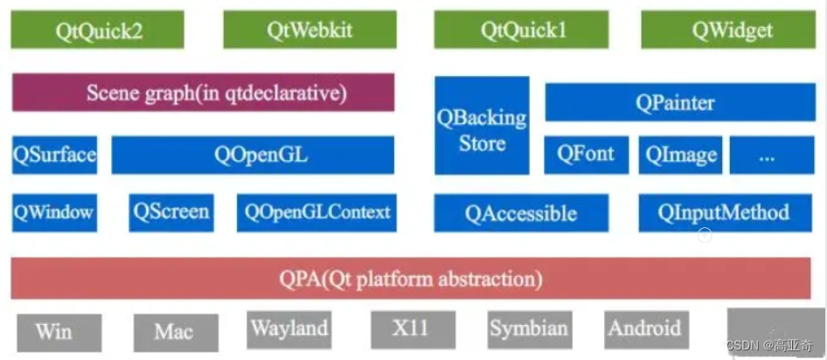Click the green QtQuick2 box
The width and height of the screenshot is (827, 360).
98,30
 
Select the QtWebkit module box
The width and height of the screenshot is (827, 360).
309,30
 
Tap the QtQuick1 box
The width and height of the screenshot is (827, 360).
523,30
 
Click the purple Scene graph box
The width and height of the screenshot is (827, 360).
203,93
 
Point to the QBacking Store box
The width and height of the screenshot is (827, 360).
482,126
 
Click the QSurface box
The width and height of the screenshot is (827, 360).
54,156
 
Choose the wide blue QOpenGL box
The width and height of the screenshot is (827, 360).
253,156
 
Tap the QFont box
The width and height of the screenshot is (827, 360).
585,155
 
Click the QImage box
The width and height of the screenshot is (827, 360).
681,155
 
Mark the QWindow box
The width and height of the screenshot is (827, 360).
54,212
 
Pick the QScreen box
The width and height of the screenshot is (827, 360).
171,212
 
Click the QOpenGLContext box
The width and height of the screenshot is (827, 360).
316,212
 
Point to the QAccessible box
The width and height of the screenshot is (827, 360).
521,213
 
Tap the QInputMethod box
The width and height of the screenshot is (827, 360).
725,212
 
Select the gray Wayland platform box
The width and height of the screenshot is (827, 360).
288,329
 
